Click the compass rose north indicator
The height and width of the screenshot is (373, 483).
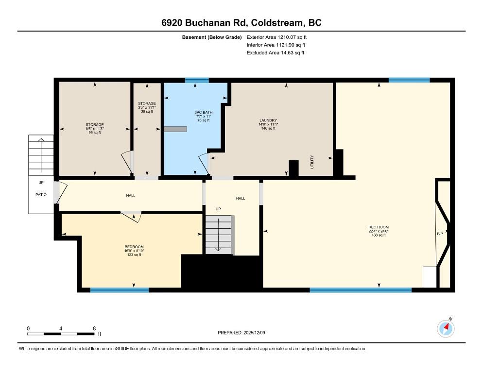[x=446, y=329]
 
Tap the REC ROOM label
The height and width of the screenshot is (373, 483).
[x=378, y=227]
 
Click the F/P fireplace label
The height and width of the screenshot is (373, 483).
[x=440, y=234]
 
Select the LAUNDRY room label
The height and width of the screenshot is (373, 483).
[x=268, y=120]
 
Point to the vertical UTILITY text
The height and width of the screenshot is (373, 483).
[x=312, y=162]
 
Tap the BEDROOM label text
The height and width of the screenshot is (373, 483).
[x=134, y=247]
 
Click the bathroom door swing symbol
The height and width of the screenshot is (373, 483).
[x=205, y=163]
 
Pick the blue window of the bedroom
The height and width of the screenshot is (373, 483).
[x=119, y=290]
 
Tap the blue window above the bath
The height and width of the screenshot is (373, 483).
[x=197, y=80]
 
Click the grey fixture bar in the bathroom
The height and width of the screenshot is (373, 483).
[x=175, y=129]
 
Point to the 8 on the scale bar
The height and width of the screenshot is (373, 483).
[x=94, y=328]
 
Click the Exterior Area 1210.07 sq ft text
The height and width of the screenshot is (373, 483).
[x=277, y=37]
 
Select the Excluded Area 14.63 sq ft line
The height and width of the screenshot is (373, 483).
[x=276, y=53]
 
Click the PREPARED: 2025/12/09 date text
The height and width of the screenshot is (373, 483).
[x=241, y=333]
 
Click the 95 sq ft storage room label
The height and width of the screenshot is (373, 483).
[x=94, y=132]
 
